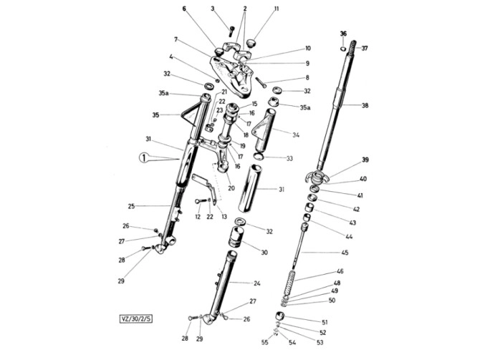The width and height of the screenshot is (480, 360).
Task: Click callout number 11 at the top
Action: point(277,9)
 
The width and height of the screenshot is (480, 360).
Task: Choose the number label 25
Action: point(132,206)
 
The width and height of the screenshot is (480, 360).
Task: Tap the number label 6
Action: point(183,9)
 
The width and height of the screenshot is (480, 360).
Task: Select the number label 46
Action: point(340,272)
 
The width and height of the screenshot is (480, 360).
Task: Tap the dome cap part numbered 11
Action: point(251,44)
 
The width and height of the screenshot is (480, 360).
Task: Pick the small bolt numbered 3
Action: point(231,30)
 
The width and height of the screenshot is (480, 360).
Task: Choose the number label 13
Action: point(224,216)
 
